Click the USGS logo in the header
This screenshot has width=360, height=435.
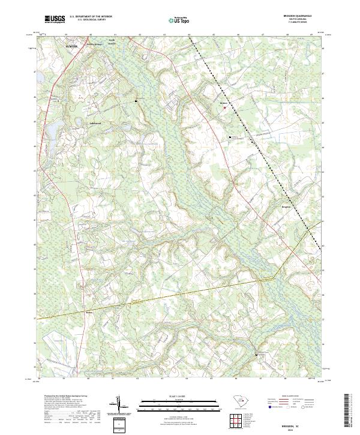(x=55, y=19)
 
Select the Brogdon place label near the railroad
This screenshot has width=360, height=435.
(x=286, y=206)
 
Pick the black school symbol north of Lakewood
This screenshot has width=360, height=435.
(x=136, y=101)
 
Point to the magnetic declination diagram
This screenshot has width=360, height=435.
(x=121, y=408)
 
